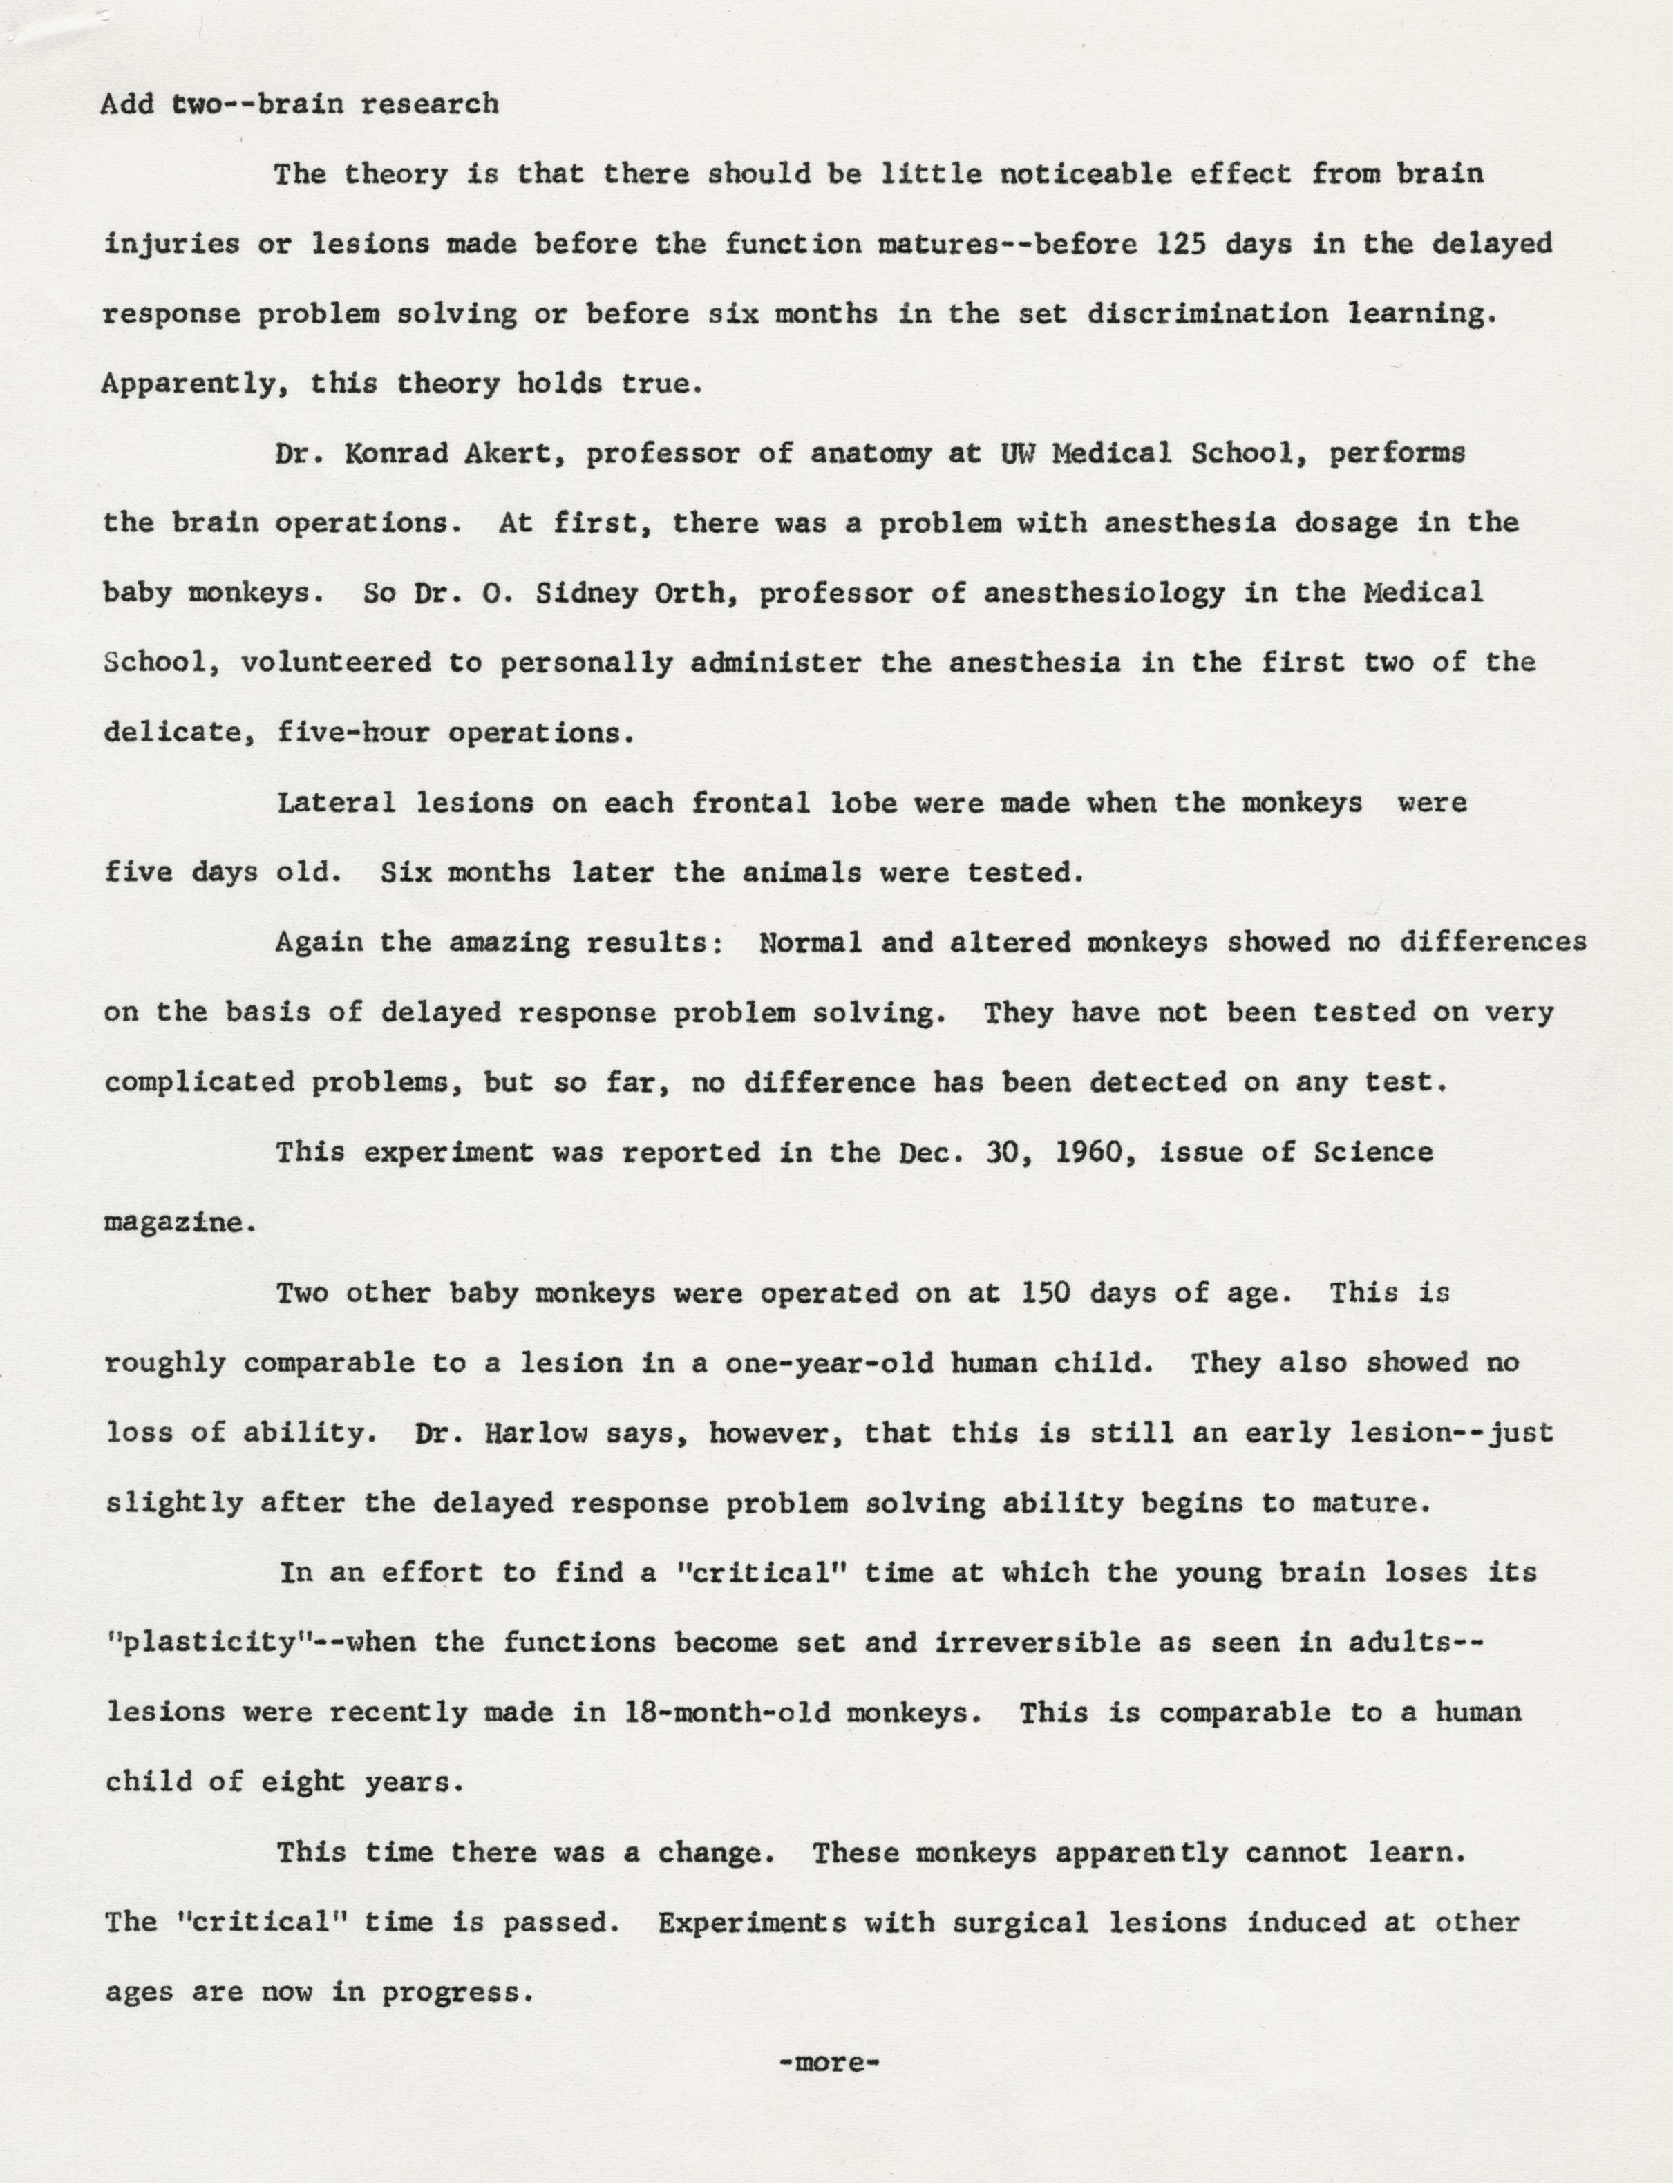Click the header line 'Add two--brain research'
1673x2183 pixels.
(x=299, y=104)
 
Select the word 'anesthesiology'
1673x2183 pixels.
(x=1104, y=594)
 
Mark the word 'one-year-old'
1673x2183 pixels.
(x=829, y=1363)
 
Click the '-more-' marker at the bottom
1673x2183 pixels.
(x=829, y=2063)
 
